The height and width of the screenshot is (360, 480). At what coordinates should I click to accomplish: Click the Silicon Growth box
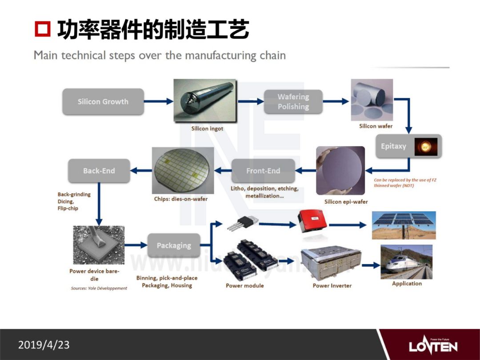tap(103, 102)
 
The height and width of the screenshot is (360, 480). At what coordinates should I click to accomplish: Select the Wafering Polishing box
tap(293, 102)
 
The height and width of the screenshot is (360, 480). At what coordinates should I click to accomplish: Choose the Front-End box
tap(263, 171)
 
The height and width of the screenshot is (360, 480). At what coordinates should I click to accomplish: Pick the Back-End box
tap(99, 171)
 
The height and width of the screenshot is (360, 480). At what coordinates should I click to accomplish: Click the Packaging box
tap(173, 245)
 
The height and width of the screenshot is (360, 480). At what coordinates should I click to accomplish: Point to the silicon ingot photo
tap(205, 101)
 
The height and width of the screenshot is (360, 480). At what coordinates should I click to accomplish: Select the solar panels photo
tap(404, 225)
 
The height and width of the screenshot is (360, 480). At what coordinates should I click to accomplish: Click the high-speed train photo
tap(406, 262)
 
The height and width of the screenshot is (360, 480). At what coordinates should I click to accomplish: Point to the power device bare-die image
tap(99, 245)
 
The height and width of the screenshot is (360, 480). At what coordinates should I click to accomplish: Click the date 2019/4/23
tap(44, 345)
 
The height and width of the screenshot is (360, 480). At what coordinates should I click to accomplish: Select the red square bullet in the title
tap(43, 30)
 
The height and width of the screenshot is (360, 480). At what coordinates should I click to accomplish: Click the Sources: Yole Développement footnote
tap(99, 288)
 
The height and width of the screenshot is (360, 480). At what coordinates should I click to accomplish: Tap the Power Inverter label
tap(332, 285)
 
